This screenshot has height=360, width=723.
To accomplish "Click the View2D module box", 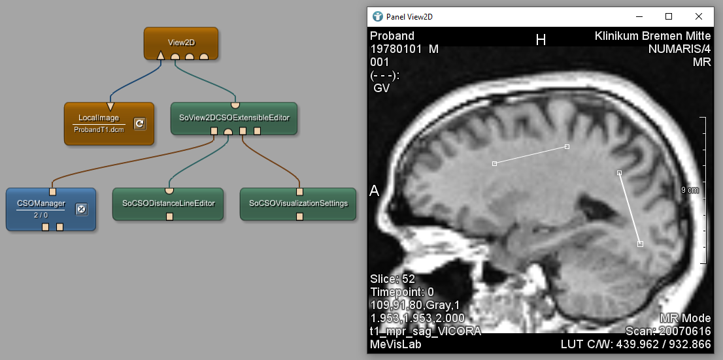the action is click(x=180, y=43).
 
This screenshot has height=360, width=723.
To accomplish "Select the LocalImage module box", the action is click(x=109, y=123).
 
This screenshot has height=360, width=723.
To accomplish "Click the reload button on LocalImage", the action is click(x=140, y=123).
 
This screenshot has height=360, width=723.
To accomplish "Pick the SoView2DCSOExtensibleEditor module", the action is click(x=234, y=118).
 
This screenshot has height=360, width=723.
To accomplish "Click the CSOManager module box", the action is click(x=51, y=209).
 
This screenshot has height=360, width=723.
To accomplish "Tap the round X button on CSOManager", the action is click(x=81, y=209).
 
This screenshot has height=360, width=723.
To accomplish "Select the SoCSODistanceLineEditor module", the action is click(x=168, y=204).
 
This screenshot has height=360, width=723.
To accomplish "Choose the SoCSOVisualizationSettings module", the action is click(x=298, y=204).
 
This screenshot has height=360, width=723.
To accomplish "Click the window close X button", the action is click(x=698, y=16).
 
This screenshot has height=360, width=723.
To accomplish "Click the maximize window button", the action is click(x=669, y=16).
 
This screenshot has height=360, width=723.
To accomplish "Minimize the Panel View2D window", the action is click(x=639, y=16).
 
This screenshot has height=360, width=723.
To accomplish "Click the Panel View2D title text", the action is click(x=410, y=17).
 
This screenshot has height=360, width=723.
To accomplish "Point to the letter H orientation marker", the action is click(x=541, y=41).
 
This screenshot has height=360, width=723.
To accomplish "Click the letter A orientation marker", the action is click(x=375, y=191).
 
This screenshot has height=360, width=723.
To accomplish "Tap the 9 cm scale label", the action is click(x=690, y=190).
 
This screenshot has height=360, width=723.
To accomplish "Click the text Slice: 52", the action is click(x=392, y=279).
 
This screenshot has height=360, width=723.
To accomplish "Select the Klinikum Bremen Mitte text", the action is click(x=652, y=36).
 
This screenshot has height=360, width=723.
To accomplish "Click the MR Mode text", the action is click(x=685, y=319).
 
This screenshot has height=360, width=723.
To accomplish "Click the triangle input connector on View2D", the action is click(x=160, y=56).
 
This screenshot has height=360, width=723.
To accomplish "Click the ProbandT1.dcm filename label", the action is click(x=99, y=129).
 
